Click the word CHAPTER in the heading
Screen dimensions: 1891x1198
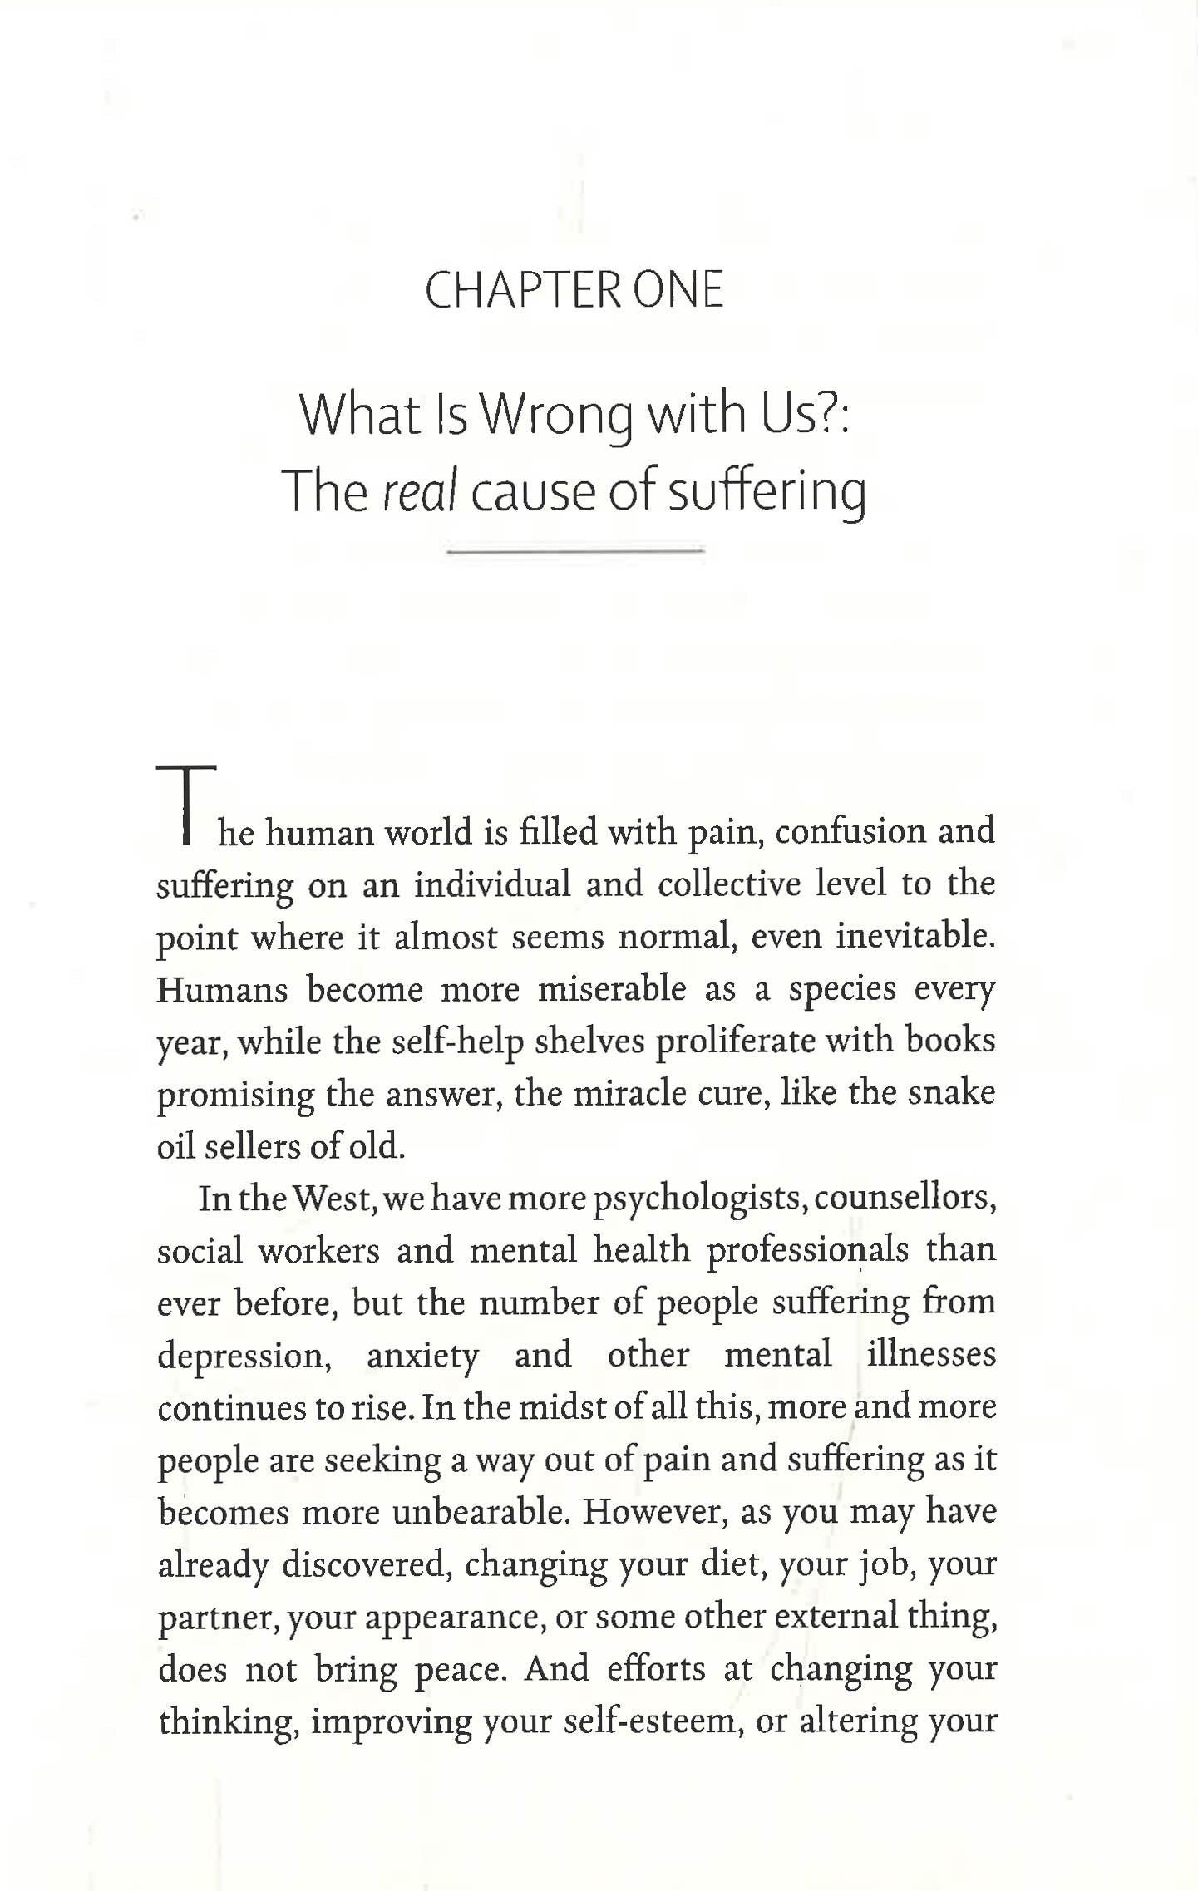click(x=521, y=291)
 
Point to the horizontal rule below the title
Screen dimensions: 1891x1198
click(x=575, y=550)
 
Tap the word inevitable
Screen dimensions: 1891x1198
click(x=915, y=936)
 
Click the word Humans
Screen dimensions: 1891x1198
click(x=222, y=989)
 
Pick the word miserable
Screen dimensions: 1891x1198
click(x=613, y=989)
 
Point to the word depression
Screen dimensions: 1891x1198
click(x=244, y=1356)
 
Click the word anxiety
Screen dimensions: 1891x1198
click(x=423, y=1356)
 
